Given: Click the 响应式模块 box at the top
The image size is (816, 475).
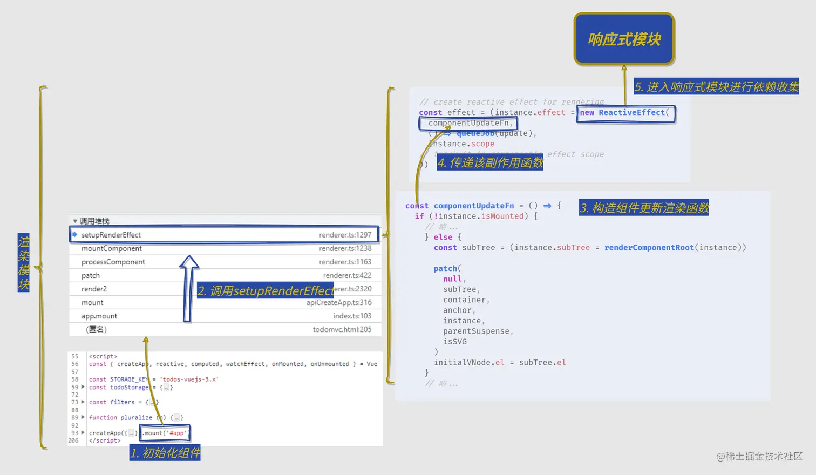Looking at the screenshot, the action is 624,39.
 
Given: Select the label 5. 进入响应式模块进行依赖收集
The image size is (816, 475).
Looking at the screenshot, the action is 716,87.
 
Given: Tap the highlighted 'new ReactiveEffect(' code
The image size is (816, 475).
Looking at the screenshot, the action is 625,113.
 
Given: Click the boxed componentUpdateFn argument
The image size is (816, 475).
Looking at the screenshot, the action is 468,123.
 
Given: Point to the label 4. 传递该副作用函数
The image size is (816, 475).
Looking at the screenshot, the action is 490,162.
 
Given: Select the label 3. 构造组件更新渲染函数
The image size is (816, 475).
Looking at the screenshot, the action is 644,208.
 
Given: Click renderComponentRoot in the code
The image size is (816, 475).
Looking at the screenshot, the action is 649,248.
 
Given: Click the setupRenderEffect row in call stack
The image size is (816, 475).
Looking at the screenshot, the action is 111,235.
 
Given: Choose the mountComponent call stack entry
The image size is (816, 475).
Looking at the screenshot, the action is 112,248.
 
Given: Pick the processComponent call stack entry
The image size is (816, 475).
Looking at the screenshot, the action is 113,262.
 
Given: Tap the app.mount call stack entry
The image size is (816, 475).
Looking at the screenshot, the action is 99,316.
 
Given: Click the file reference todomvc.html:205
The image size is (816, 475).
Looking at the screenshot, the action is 342,329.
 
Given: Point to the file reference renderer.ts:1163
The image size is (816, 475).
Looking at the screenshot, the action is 345,262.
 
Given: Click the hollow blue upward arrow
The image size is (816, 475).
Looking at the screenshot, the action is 188,289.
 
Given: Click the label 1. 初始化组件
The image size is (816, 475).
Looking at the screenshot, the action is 165,453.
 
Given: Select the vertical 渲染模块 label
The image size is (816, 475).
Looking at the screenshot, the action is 24,263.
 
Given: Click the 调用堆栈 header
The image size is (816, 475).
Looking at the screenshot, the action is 94,221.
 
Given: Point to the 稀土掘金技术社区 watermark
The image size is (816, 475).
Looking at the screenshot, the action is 759,457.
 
